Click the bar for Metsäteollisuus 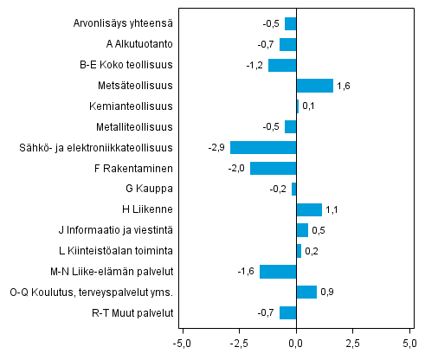(314, 86)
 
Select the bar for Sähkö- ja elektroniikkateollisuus (263, 147)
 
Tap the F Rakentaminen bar (274, 168)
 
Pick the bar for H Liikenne (309, 209)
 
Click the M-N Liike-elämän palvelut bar (278, 272)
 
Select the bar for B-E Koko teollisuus (282, 65)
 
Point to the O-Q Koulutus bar (306, 292)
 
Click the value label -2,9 (217, 148)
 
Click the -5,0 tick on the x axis (183, 344)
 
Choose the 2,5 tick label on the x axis (353, 344)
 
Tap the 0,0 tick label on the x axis (297, 344)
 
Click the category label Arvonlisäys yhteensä (123, 23)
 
